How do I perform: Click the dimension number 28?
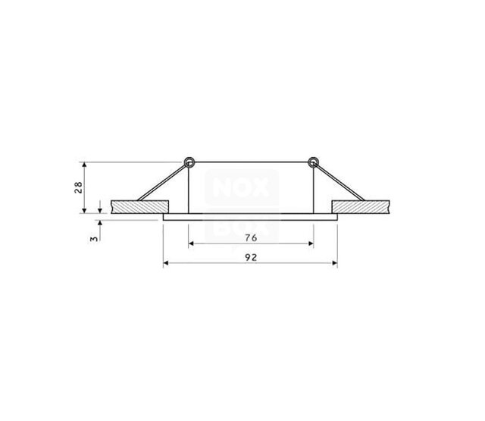tap(78, 187)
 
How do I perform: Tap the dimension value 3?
tap(92, 237)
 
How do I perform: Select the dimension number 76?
tap(252, 237)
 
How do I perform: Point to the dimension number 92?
tap(252, 258)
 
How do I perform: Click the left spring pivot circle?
tap(189, 162)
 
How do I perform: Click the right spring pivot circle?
tap(312, 162)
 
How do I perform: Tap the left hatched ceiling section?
tap(139, 206)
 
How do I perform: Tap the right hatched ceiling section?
tap(361, 206)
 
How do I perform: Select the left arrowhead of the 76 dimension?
tap(192, 244)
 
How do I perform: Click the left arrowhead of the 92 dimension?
tap(167, 264)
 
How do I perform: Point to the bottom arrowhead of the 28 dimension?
tap(101, 208)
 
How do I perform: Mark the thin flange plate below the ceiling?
tap(250, 216)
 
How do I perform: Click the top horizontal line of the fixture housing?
tap(250, 162)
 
